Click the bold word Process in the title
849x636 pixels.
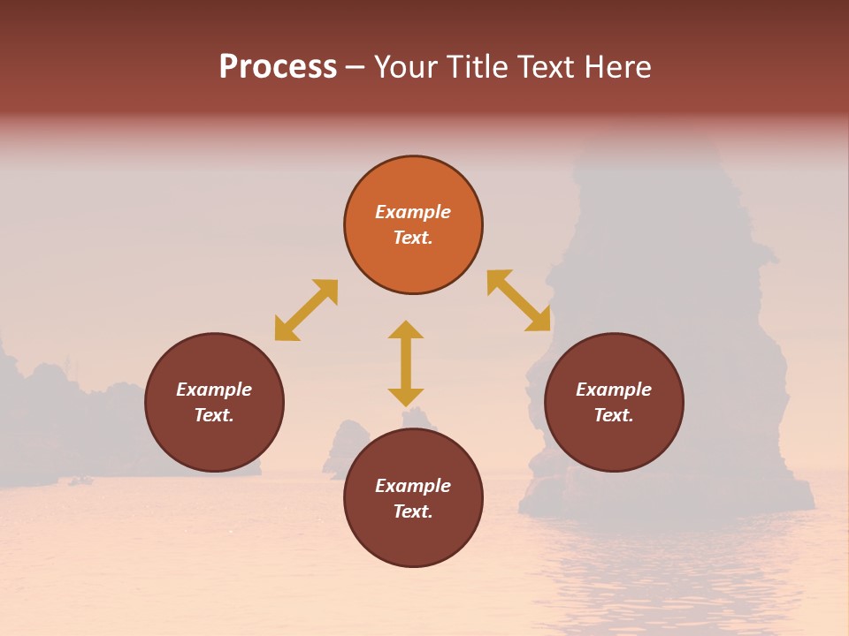[278, 67]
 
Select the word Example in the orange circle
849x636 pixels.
[413, 212]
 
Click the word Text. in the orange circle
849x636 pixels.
[413, 238]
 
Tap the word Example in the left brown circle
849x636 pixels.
[214, 390]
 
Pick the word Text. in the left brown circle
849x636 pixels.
[214, 415]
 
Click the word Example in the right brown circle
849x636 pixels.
[614, 390]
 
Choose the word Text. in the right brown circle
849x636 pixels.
[614, 415]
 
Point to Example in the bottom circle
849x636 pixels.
[413, 486]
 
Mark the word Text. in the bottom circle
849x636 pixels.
[413, 511]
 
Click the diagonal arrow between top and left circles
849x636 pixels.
[306, 310]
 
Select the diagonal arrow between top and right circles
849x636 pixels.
[519, 300]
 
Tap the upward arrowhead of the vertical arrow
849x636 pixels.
[406, 329]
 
